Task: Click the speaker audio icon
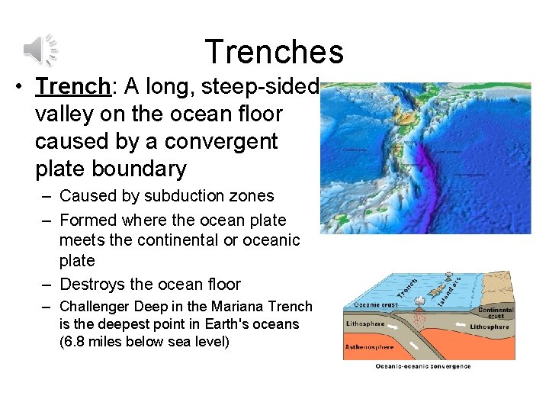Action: point(40,50)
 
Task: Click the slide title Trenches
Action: point(274,52)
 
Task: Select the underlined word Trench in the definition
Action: point(73,87)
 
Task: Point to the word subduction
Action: point(149,196)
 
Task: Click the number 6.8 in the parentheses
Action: point(77,340)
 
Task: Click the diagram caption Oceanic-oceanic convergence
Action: point(423,366)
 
